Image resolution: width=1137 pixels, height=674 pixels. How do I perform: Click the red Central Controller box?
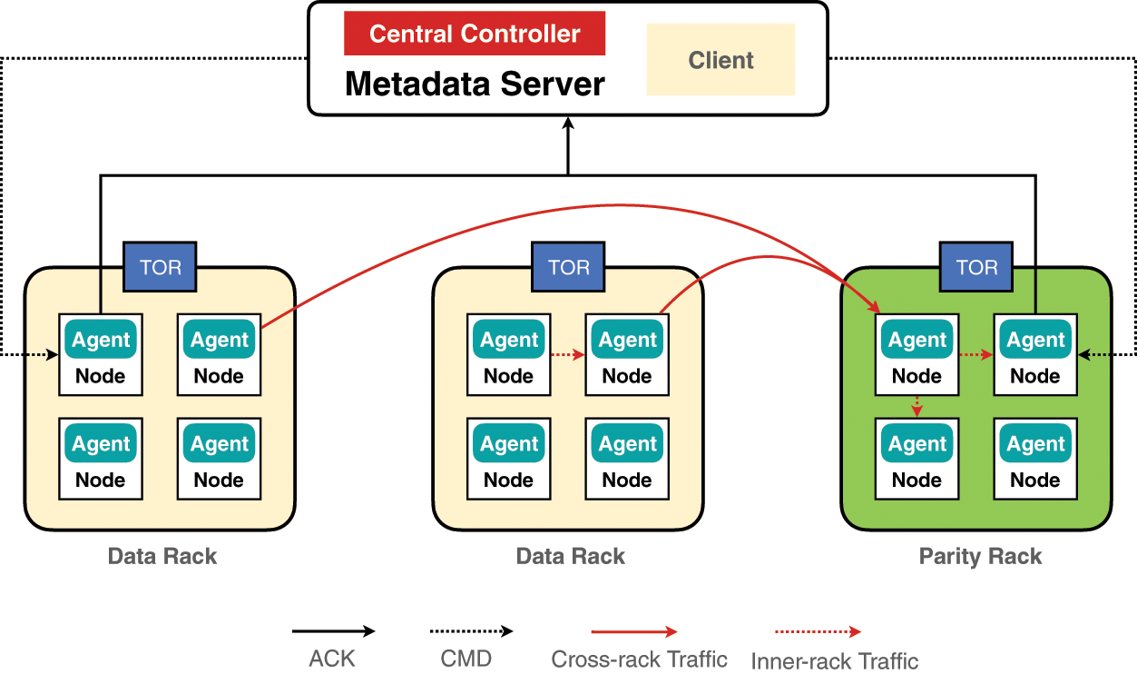[475, 35]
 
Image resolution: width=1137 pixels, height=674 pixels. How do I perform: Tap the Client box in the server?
[720, 60]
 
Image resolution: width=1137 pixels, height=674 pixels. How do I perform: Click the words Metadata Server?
[475, 84]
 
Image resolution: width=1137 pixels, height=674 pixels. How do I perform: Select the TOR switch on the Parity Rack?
[976, 268]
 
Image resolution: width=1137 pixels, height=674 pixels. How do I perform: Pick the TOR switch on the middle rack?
[569, 268]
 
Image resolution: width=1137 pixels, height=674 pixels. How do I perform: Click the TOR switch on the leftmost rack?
[161, 268]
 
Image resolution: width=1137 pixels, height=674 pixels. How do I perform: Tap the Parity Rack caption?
[980, 556]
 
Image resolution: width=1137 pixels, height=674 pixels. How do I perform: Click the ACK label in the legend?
[332, 659]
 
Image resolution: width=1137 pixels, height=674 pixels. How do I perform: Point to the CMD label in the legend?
[466, 659]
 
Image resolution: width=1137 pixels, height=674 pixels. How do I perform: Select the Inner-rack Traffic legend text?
[834, 661]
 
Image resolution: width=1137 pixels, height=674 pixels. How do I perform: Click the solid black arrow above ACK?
[333, 631]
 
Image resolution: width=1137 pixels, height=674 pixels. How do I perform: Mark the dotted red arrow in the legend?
[817, 631]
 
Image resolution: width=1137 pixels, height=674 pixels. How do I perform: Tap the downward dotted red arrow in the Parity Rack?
[917, 406]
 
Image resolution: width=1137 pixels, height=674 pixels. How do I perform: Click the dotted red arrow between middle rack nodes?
[567, 355]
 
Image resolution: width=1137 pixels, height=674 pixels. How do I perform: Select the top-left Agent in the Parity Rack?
[917, 341]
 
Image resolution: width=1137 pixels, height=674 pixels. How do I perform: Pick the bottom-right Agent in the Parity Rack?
[1035, 444]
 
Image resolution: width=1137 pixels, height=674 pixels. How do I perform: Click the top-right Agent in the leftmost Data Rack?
[219, 341]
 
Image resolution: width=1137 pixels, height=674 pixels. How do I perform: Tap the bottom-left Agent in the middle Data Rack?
[509, 444]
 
